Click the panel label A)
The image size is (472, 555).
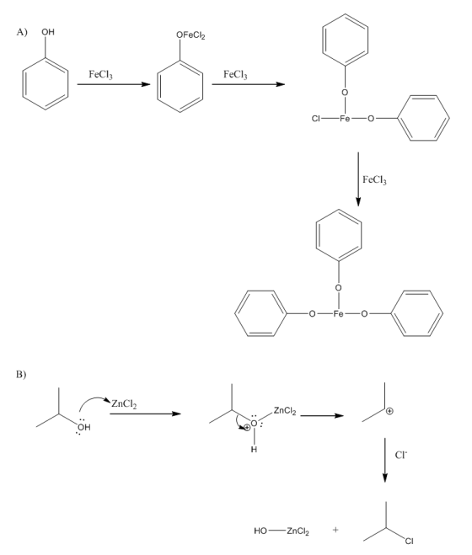22,32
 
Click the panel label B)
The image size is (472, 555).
21,374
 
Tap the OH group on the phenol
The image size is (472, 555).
48,32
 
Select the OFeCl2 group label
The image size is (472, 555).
190,35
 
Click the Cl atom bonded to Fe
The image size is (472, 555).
316,119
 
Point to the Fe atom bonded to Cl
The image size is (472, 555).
345,119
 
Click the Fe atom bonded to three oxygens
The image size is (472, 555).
339,313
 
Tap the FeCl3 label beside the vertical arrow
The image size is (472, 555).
374,180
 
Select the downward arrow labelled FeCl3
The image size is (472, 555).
358,179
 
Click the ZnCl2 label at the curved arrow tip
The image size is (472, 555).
124,404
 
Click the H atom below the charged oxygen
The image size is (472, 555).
254,450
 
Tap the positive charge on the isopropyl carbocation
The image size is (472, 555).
389,411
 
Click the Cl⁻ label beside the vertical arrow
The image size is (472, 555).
400,455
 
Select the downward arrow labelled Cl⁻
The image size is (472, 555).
385,460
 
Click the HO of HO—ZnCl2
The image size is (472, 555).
260,531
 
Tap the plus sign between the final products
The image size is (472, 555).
335,530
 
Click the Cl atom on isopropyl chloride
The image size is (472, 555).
409,542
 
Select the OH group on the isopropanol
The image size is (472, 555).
83,427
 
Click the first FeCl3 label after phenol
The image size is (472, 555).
100,74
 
